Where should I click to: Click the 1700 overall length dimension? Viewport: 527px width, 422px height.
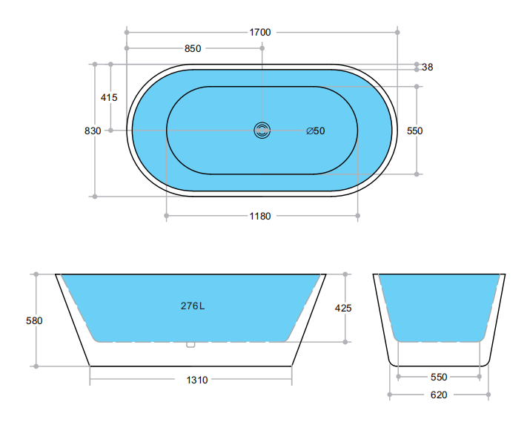coord(260,32)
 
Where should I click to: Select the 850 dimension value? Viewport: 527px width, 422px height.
coord(193,49)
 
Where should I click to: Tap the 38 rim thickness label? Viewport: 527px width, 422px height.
coord(427,67)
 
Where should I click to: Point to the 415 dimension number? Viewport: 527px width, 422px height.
coord(109,97)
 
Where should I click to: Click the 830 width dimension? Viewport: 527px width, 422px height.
coord(93,131)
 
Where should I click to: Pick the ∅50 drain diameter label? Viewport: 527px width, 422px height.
coord(316,131)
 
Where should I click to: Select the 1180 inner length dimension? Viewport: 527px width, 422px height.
coord(260,217)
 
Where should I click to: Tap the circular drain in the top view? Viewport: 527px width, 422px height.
coord(262,131)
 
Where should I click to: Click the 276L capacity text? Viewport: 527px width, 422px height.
coord(193,306)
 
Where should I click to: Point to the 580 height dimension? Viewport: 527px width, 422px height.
coord(34,321)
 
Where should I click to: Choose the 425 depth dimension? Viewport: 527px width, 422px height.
coord(343,308)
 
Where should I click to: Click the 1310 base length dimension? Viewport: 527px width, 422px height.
coord(196,380)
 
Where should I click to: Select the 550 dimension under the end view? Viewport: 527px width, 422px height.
coord(439,377)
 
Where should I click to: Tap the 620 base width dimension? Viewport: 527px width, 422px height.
coord(439,395)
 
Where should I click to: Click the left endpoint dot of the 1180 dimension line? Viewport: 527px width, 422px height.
coord(166,217)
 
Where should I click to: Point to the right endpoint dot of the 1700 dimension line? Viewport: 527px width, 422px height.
coord(398,32)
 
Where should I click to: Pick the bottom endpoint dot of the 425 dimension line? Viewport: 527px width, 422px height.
coord(345,342)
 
